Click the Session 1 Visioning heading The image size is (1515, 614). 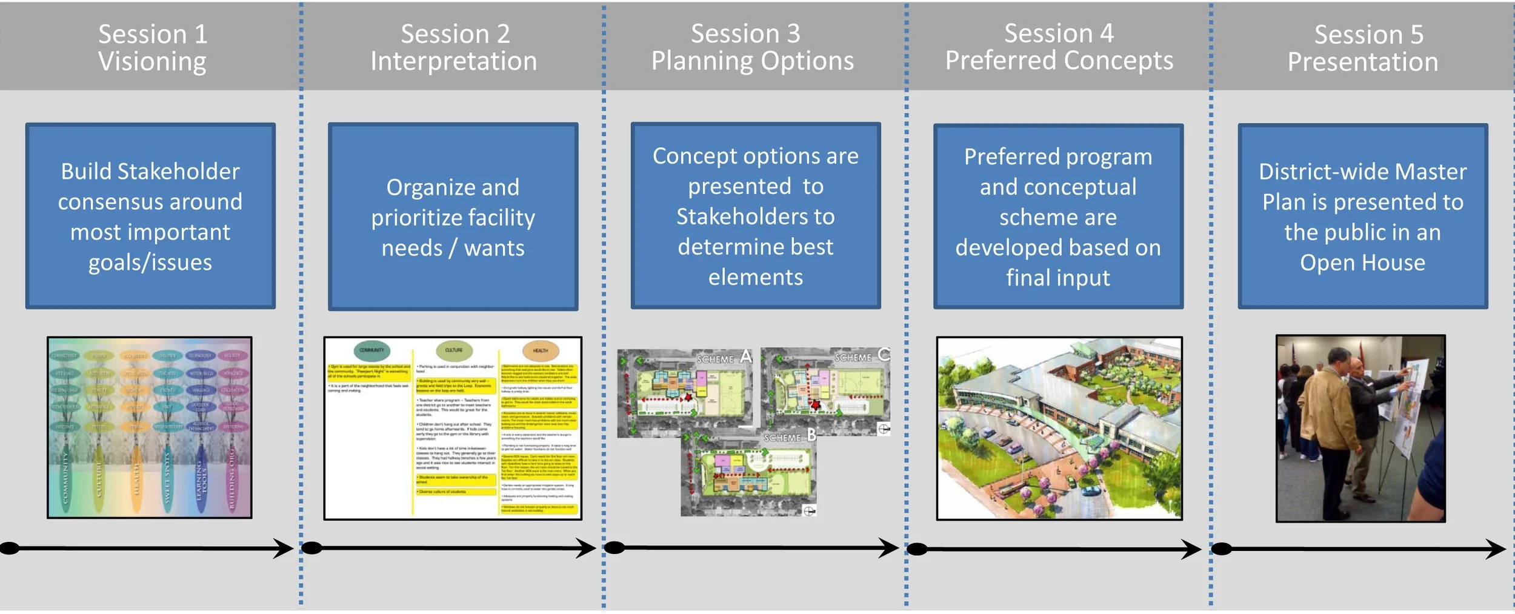click(x=153, y=47)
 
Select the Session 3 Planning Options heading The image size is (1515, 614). click(x=752, y=47)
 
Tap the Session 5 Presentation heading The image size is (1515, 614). click(x=1362, y=48)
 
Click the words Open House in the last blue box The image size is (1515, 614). click(x=1362, y=262)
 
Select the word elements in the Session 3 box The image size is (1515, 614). click(x=755, y=277)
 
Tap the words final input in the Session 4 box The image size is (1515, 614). click(x=1057, y=278)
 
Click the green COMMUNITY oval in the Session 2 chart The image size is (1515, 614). click(x=372, y=350)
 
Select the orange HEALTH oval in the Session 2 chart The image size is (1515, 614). click(x=540, y=350)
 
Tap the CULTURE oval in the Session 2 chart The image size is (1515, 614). click(x=454, y=350)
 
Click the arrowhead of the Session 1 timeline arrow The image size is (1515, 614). click(x=284, y=549)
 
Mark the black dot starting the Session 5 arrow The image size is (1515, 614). click(x=1221, y=549)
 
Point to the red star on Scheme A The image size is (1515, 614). click(x=688, y=398)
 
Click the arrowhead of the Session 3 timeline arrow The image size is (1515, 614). click(x=889, y=549)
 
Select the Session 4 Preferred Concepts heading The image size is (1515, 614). click(x=1059, y=47)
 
